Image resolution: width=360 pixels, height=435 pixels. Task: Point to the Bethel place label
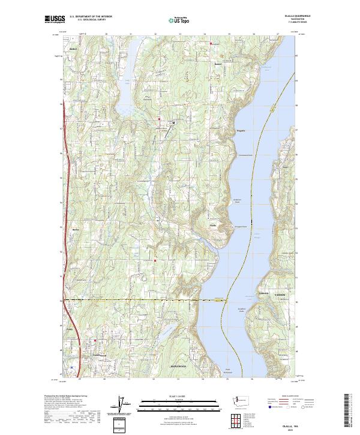tap(74, 49)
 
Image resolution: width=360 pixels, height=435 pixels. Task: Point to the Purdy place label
tap(70, 329)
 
